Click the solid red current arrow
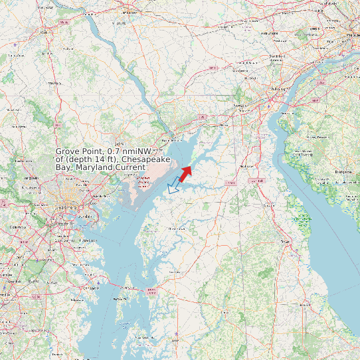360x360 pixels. click(x=185, y=174)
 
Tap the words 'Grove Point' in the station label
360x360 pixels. click(x=80, y=152)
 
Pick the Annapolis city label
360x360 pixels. click(x=90, y=288)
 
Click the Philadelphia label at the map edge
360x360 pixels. click(x=349, y=35)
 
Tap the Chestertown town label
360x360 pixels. click(x=177, y=228)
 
